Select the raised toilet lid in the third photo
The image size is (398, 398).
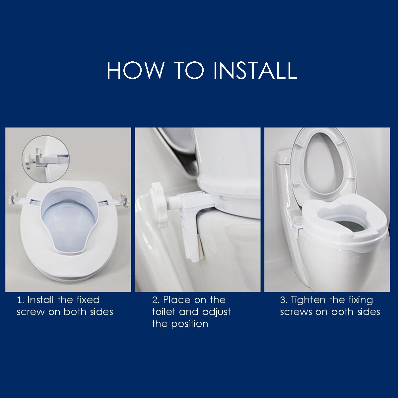coord(325,166)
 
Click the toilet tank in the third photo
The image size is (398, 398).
coord(285,186)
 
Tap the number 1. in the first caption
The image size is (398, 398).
coord(21,300)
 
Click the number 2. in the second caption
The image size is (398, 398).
coord(156,300)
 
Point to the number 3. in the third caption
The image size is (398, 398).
coord(284,300)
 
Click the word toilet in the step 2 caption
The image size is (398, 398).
coord(164,312)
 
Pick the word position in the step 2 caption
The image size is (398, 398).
coord(189,324)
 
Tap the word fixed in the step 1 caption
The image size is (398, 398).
coord(88,300)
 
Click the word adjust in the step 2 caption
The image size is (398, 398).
coord(217,312)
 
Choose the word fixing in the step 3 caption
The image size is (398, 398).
coord(361,300)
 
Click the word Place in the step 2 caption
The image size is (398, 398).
coord(177,300)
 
